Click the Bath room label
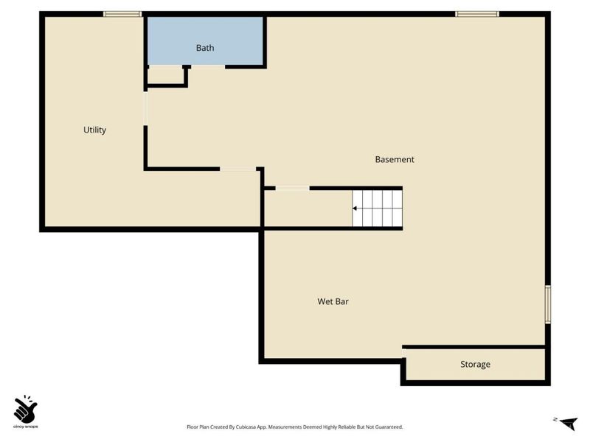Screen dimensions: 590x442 (x=205, y=48)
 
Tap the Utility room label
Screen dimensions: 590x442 (x=94, y=130)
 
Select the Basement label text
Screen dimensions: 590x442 (x=395, y=159)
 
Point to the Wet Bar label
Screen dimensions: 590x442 (x=333, y=301)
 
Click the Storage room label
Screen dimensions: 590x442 (x=475, y=364)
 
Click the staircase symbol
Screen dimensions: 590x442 (x=378, y=208)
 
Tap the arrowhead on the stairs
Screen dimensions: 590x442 (x=355, y=208)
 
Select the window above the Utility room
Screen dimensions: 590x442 (x=122, y=14)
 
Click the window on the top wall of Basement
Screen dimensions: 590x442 (x=476, y=14)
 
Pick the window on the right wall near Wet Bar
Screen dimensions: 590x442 (x=548, y=304)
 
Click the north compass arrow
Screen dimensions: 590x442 (x=568, y=423)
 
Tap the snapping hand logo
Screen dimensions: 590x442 (x=25, y=409)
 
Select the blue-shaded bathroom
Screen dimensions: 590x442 (x=205, y=41)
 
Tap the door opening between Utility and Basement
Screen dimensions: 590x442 (x=145, y=108)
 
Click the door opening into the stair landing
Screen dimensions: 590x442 (x=292, y=188)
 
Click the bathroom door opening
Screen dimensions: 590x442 (x=208, y=67)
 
